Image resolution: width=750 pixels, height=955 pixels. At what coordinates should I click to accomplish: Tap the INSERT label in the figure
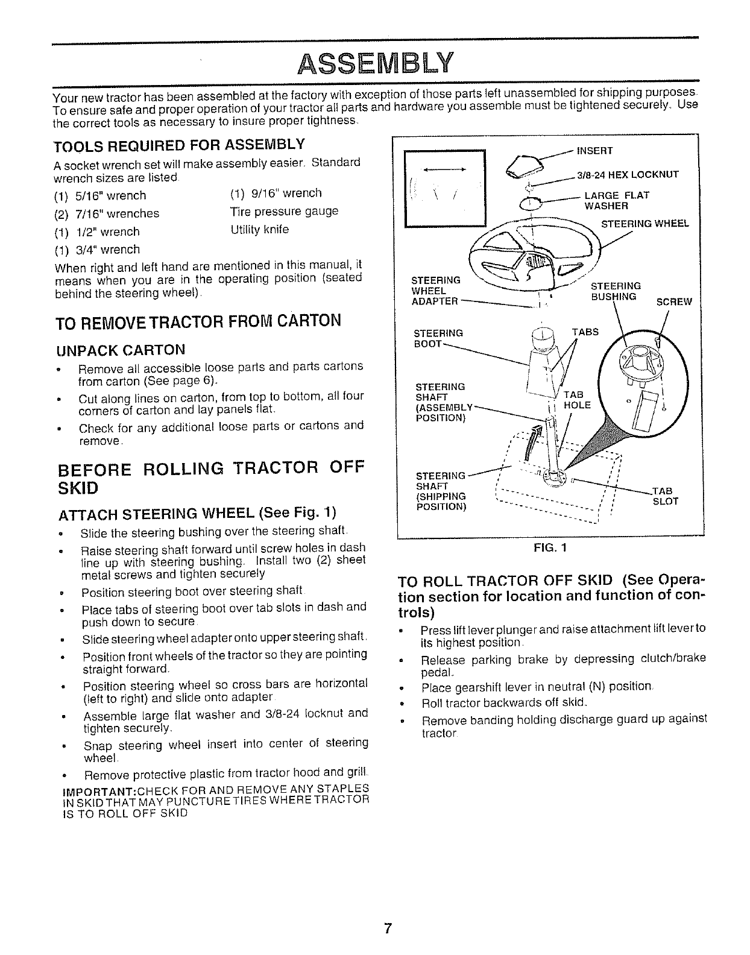click(x=594, y=150)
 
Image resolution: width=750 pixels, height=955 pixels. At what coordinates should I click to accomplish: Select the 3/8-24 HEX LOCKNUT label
click(x=628, y=175)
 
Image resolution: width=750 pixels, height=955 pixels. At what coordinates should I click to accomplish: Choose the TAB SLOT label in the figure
click(x=665, y=496)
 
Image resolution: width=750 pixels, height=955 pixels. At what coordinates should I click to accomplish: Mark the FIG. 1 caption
click(x=550, y=549)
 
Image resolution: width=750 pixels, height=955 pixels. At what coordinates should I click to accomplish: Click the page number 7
click(x=388, y=928)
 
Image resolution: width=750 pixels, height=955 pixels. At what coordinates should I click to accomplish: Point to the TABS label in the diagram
click(x=584, y=332)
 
